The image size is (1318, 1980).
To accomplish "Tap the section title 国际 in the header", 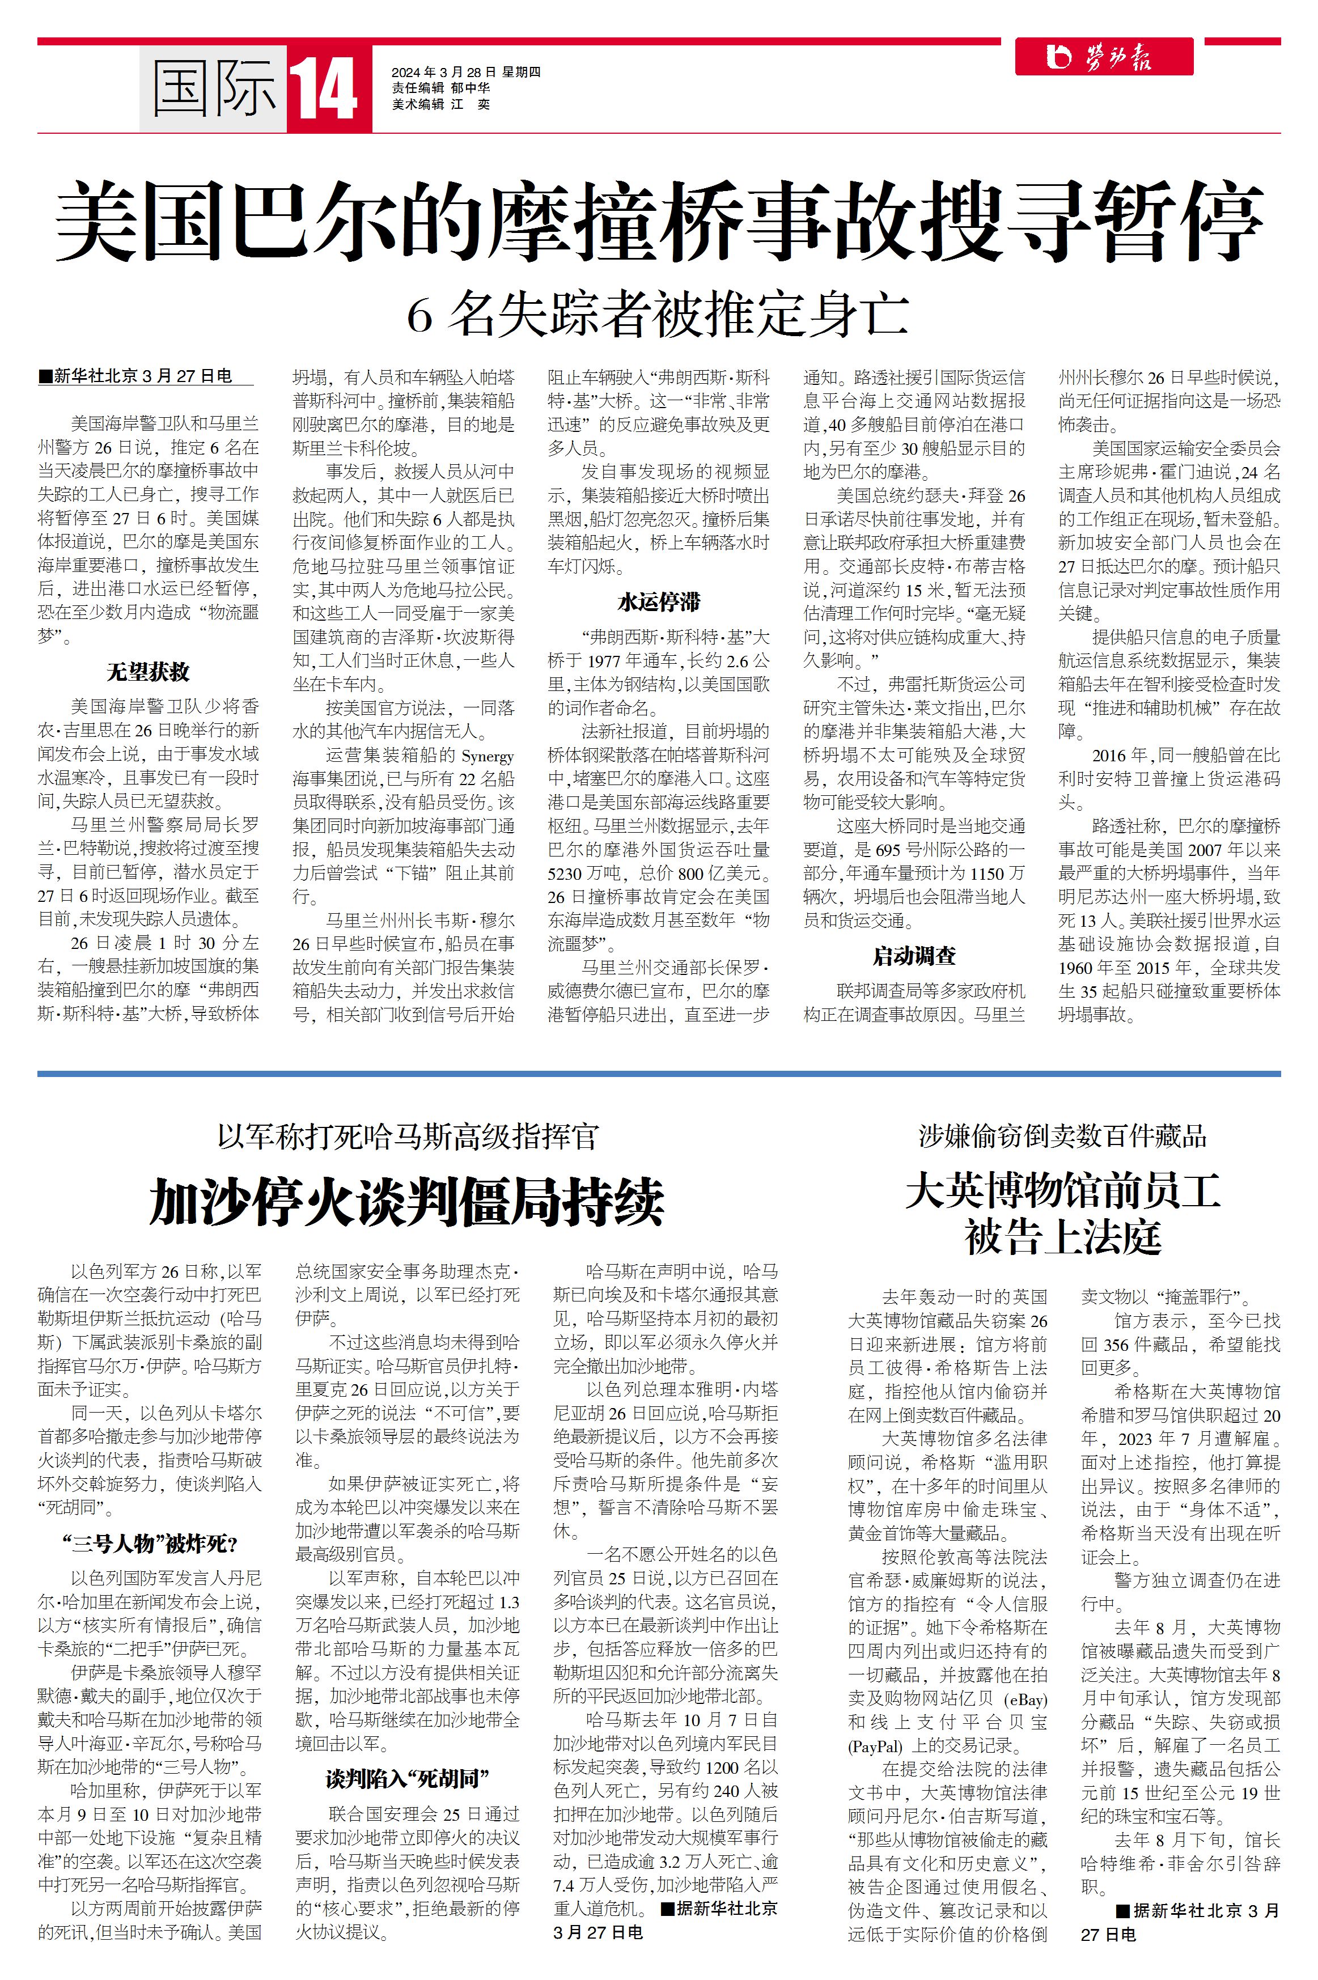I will pos(214,88).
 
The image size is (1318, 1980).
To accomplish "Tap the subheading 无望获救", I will pos(148,672).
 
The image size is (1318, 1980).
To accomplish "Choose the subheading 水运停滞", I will pos(658,602).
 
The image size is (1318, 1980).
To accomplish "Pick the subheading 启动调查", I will pos(914,956).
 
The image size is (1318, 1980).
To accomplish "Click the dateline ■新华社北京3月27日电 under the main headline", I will pos(135,376).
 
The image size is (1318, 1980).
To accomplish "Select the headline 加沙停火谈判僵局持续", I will pos(407,1203).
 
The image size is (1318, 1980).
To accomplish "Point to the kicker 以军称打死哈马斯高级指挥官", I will pos(407,1136).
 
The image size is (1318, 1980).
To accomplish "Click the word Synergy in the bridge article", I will pos(488,756).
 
